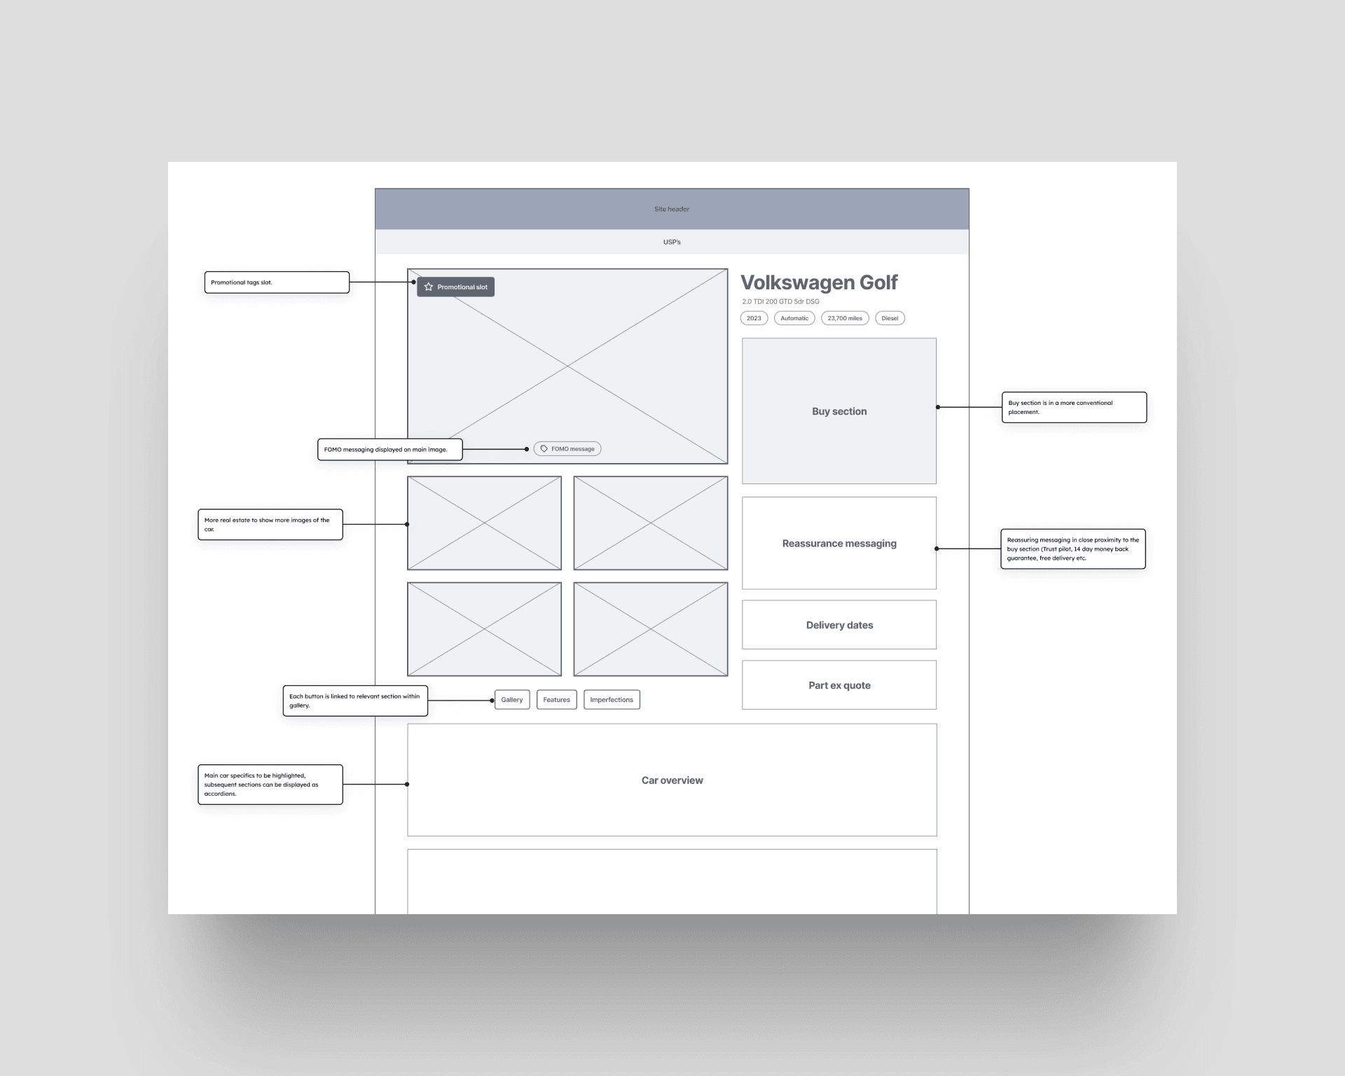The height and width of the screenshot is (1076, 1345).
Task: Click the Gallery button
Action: [512, 700]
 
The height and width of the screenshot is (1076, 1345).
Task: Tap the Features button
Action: [556, 700]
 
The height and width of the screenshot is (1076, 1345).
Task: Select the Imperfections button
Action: [612, 700]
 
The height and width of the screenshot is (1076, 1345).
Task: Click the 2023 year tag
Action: [754, 318]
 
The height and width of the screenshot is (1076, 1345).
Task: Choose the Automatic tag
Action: [794, 318]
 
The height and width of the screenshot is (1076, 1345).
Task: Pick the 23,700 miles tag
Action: [845, 318]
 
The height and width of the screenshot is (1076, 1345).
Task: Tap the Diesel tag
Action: [890, 318]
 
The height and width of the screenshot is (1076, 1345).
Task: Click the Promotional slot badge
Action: [456, 287]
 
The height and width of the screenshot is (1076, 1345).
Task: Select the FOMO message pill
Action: [567, 449]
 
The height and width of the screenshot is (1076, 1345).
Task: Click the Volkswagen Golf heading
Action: [819, 282]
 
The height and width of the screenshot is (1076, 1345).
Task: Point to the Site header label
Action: [672, 209]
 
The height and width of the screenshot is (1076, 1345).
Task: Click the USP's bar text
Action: [672, 242]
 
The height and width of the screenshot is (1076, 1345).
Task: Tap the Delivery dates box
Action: [839, 625]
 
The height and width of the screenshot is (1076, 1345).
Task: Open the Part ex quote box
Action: [839, 685]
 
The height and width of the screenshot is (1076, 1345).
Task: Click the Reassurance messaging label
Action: [839, 544]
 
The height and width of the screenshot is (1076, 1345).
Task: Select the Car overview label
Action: [672, 780]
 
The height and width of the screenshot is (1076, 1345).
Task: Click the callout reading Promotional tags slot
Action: [277, 282]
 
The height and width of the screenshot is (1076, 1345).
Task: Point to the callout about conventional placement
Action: [1074, 407]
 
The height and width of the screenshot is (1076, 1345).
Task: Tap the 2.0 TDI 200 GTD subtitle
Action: [780, 302]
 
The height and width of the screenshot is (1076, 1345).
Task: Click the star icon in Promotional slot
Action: [429, 287]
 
